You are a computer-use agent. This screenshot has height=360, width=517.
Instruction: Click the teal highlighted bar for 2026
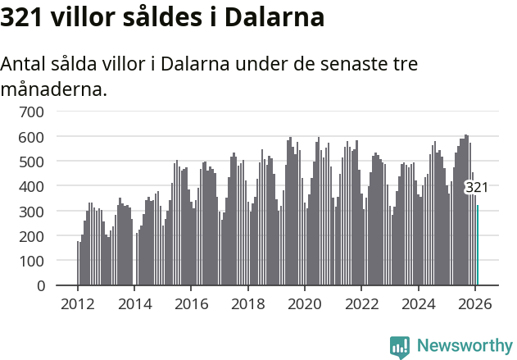[x=478, y=246]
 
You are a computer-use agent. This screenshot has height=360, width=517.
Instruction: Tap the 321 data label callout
[x=477, y=188]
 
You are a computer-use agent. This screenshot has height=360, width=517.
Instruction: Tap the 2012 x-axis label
[x=78, y=303]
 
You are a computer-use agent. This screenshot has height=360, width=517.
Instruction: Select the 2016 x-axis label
[x=191, y=303]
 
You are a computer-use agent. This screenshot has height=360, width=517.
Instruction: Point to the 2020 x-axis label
[x=305, y=303]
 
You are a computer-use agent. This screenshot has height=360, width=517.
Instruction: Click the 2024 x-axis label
[x=419, y=303]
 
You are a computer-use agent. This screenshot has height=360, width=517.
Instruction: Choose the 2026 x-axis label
[x=475, y=303]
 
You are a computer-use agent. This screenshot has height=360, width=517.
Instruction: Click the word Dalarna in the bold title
[x=274, y=18]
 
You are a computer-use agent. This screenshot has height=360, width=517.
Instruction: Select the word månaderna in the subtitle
[x=53, y=89]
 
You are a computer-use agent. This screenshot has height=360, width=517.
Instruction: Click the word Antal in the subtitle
[x=24, y=64]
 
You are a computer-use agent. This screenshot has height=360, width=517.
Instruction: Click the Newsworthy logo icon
[x=400, y=347]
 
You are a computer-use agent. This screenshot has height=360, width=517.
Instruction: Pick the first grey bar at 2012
[x=78, y=263]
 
